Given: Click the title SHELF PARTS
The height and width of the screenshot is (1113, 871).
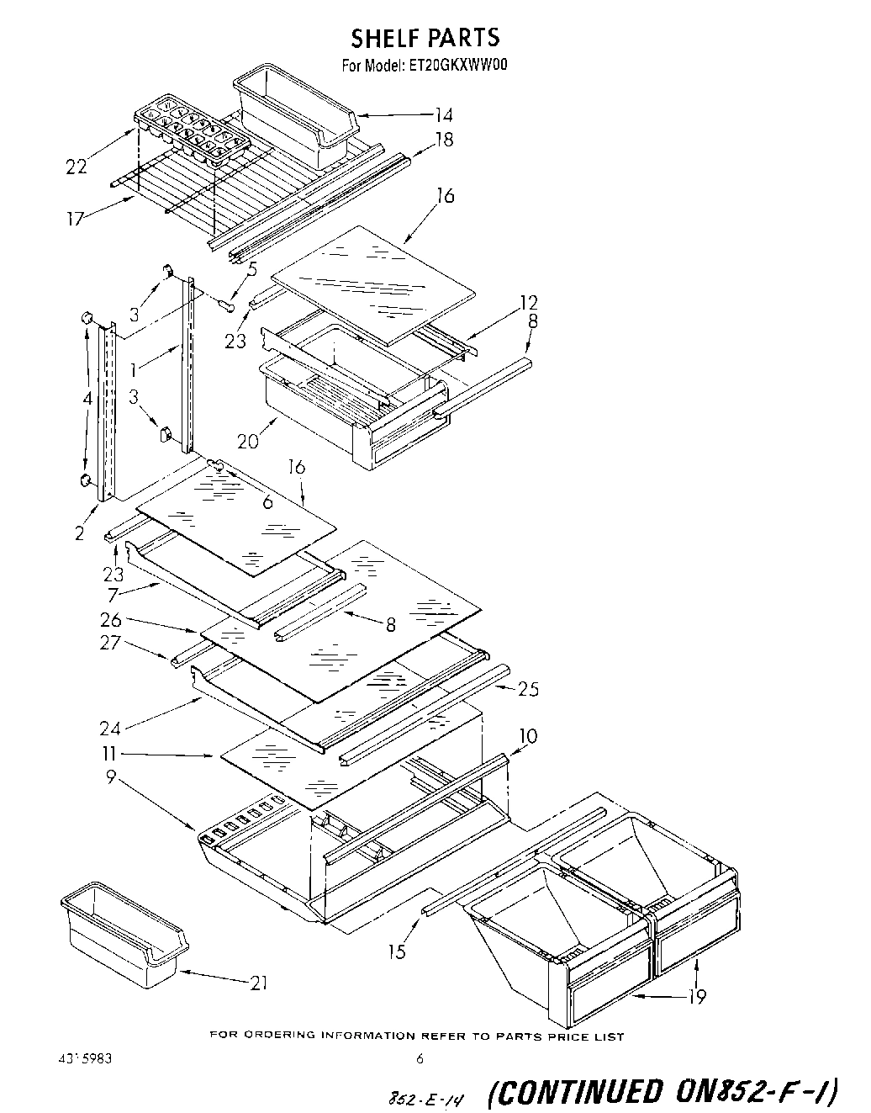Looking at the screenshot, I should pyautogui.click(x=425, y=37).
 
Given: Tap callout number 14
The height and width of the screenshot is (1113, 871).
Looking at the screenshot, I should pyautogui.click(x=444, y=115).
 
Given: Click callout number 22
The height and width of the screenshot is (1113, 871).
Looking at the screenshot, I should pyautogui.click(x=76, y=167).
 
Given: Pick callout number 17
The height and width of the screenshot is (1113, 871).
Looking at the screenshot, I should pyautogui.click(x=77, y=220).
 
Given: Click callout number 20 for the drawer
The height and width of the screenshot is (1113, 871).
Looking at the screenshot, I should pyautogui.click(x=249, y=441).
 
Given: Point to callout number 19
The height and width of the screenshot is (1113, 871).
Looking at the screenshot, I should pyautogui.click(x=696, y=997).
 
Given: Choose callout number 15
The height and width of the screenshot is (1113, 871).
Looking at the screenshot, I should pyautogui.click(x=397, y=951).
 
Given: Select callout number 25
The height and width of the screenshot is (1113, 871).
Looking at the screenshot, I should pyautogui.click(x=528, y=689).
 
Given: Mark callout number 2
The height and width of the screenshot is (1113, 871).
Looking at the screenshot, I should pyautogui.click(x=79, y=533).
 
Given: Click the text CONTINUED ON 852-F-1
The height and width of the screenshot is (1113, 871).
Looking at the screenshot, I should pyautogui.click(x=662, y=1091).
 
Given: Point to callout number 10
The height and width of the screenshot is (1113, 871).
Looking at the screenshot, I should pyautogui.click(x=528, y=737).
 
